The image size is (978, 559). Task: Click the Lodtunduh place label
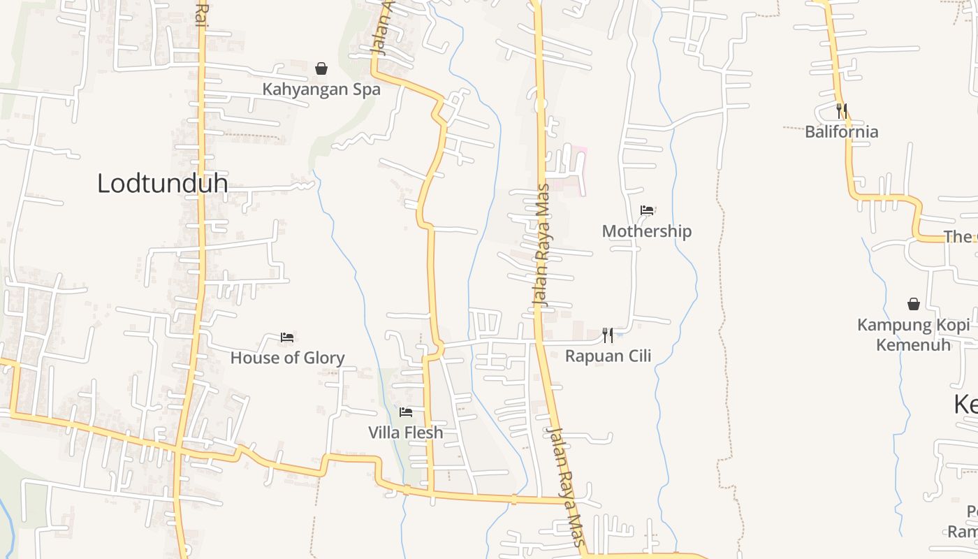coord(162,184)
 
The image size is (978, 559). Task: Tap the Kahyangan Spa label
coord(321,89)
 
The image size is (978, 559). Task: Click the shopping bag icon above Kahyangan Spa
coord(321,68)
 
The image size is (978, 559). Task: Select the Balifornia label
coord(841,132)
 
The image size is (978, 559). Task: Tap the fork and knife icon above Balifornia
coord(841,110)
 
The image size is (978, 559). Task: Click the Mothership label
coord(646,231)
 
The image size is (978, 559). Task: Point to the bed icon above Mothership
coord(647,210)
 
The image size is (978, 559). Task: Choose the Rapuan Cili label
coord(608,356)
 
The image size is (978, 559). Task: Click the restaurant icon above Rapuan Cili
coord(608,335)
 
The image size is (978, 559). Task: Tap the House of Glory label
coord(287,358)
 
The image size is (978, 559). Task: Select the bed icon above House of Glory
coord(287,337)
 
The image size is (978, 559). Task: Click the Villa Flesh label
coord(405,433)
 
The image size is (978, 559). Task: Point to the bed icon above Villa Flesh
coord(405,412)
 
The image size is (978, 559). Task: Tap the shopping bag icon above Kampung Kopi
coord(913,304)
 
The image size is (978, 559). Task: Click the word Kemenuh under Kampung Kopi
coord(913,344)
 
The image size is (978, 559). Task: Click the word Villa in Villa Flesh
coord(384,433)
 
